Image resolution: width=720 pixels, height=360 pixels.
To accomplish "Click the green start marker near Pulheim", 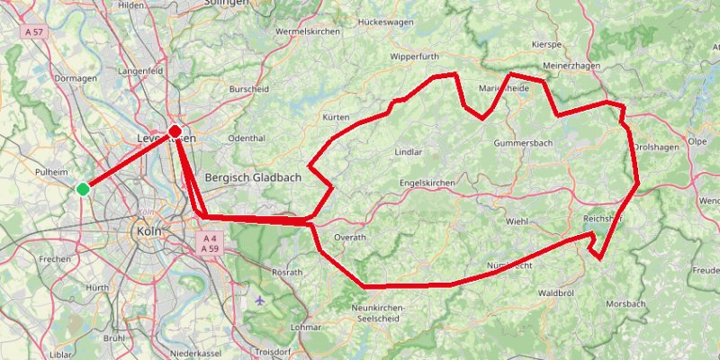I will pyautogui.click(x=83, y=188).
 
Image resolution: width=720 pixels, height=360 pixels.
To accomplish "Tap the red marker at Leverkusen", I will pyautogui.click(x=175, y=131).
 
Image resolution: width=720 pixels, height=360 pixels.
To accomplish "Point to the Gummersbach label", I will pyautogui.click(x=523, y=143).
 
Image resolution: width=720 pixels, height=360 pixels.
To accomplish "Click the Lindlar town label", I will pyautogui.click(x=409, y=152).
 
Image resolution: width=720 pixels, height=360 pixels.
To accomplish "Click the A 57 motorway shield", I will pyautogui.click(x=34, y=31).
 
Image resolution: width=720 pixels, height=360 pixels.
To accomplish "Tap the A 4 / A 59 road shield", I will pyautogui.click(x=210, y=242).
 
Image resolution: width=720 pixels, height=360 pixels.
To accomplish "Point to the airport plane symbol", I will pyautogui.click(x=260, y=300).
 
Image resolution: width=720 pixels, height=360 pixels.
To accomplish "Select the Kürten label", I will pyautogui.click(x=335, y=117).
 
